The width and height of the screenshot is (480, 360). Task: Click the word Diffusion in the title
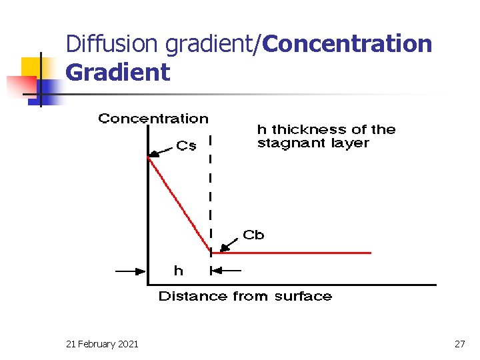(113, 44)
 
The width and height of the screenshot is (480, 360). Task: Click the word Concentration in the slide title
(347, 44)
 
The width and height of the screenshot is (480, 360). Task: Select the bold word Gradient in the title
(118, 72)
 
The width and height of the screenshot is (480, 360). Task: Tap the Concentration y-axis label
(153, 119)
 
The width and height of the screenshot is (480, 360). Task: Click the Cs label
(186, 145)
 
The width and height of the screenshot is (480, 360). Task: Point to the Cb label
(253, 235)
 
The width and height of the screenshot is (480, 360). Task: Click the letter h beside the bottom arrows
(178, 271)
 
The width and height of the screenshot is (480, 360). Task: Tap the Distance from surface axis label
(245, 296)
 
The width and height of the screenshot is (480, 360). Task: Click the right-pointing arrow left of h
(131, 271)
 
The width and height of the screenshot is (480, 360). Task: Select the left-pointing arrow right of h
(227, 271)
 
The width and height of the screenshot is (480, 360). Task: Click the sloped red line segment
(179, 205)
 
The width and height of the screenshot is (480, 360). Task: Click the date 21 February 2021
(103, 343)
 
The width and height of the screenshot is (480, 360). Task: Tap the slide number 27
(459, 343)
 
